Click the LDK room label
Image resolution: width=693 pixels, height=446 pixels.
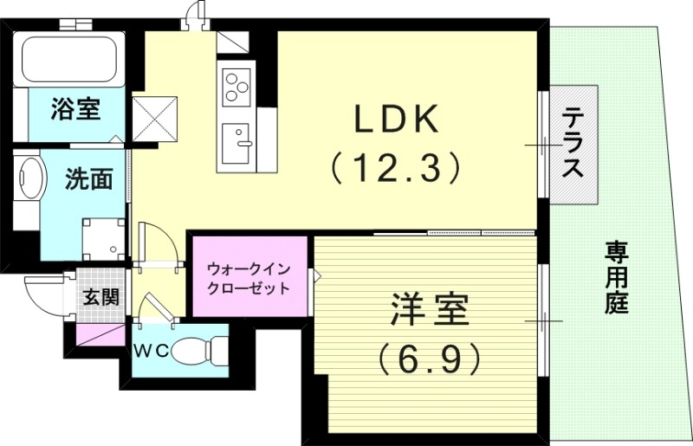(395, 120)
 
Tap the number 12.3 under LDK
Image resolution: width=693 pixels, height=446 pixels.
(394, 168)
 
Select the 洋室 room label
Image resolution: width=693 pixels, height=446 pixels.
(430, 310)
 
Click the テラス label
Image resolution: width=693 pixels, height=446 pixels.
(572, 143)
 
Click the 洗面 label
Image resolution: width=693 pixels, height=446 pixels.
(90, 179)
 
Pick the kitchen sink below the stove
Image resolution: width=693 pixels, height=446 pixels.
(235, 142)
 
